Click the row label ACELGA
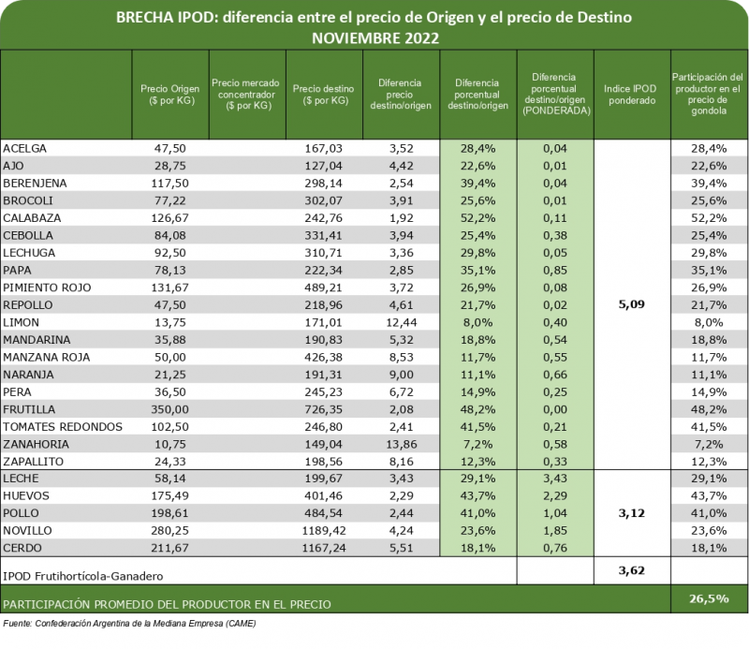(x=25, y=148)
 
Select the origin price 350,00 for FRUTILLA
(x=169, y=409)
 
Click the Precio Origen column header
(x=169, y=94)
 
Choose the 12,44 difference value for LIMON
(x=400, y=322)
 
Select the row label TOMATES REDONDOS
(x=63, y=427)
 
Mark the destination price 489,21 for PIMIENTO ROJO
(x=321, y=288)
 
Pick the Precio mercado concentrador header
(x=245, y=94)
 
